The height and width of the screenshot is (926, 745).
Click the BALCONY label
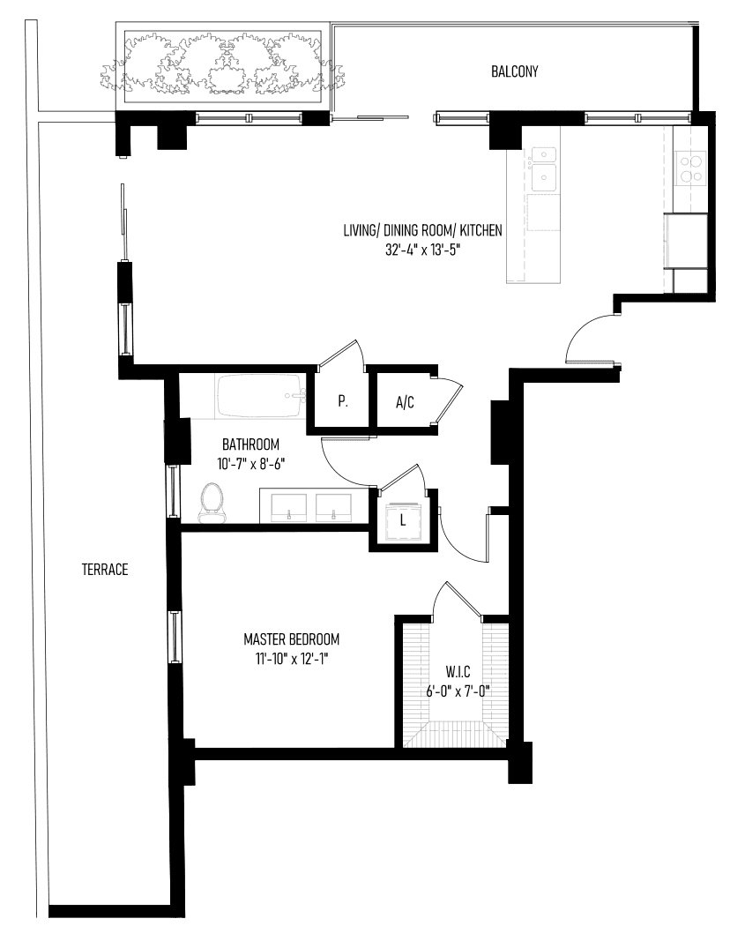tap(515, 71)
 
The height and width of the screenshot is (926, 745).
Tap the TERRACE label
tap(105, 570)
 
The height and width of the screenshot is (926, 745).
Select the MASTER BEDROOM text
tap(292, 639)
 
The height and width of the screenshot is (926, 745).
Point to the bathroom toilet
tap(212, 504)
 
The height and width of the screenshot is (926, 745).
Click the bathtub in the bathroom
tap(260, 396)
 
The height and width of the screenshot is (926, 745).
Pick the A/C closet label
tap(405, 403)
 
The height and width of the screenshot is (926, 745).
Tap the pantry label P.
tap(343, 401)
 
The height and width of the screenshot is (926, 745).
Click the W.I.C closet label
tap(458, 671)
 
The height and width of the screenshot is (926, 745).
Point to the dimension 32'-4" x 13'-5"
tap(422, 250)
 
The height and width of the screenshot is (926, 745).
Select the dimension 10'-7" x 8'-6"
tap(251, 464)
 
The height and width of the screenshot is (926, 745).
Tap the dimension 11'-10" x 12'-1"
tap(292, 659)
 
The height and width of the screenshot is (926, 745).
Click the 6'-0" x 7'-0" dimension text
tap(458, 691)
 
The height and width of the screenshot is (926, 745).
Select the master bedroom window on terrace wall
tap(175, 636)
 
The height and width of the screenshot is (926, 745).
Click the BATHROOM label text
tap(251, 444)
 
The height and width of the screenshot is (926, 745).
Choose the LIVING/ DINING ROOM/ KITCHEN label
tap(422, 229)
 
